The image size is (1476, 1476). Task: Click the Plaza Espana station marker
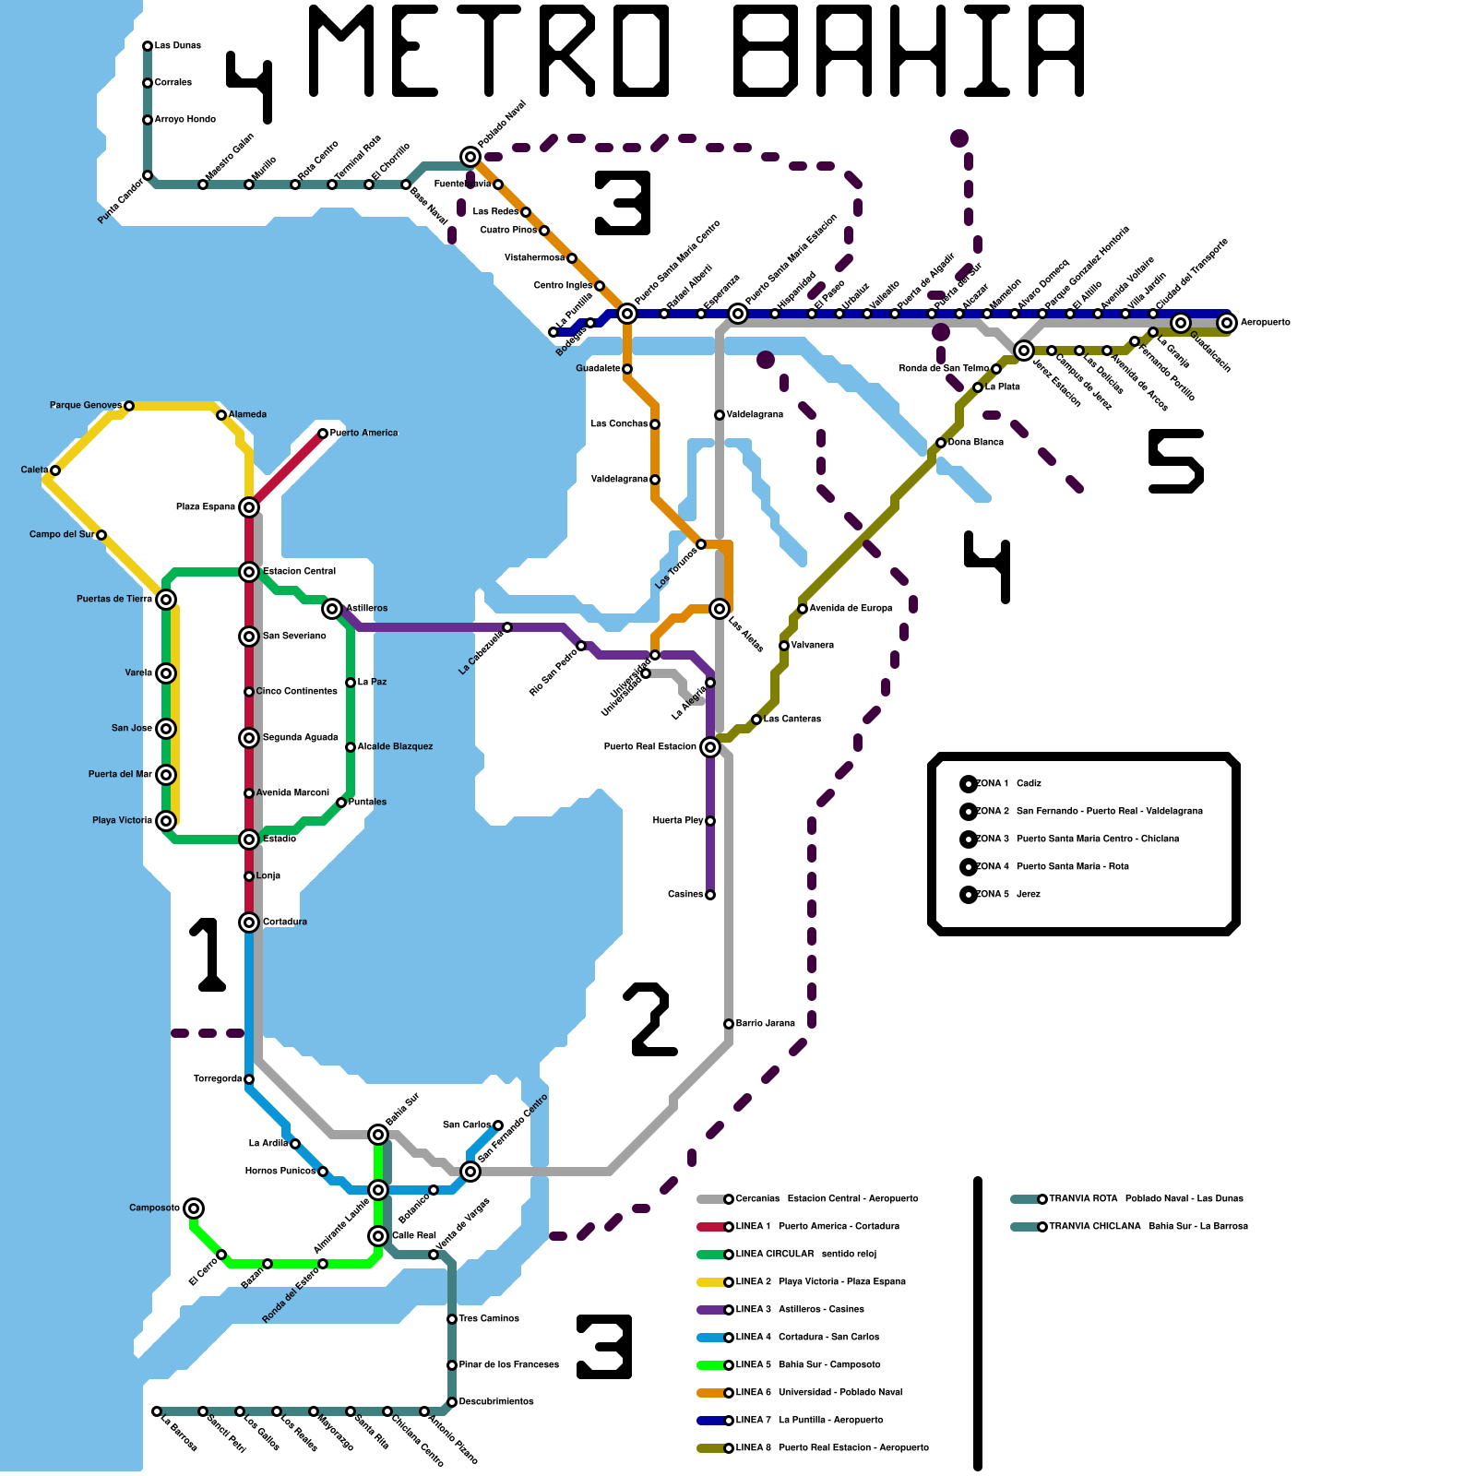tap(249, 507)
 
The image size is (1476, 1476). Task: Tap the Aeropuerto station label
tap(1265, 323)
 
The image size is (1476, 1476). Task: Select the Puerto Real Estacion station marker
tap(710, 747)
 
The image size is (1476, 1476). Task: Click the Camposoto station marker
tap(194, 1208)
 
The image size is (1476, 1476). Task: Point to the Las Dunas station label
tap(178, 46)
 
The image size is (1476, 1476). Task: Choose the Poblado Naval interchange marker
tap(470, 157)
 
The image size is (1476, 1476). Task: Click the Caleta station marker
tap(55, 470)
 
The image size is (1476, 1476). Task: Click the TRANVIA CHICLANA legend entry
tap(1129, 1227)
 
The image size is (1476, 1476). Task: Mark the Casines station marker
tap(710, 895)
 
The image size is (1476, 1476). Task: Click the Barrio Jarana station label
tap(766, 1024)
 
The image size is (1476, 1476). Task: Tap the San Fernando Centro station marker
tap(470, 1172)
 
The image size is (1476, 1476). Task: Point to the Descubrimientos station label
tap(496, 1402)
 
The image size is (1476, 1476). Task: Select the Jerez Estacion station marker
tap(1024, 351)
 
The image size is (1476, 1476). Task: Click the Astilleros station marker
tap(332, 609)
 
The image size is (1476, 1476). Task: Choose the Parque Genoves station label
tap(86, 406)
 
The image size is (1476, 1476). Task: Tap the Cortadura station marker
tap(249, 922)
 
